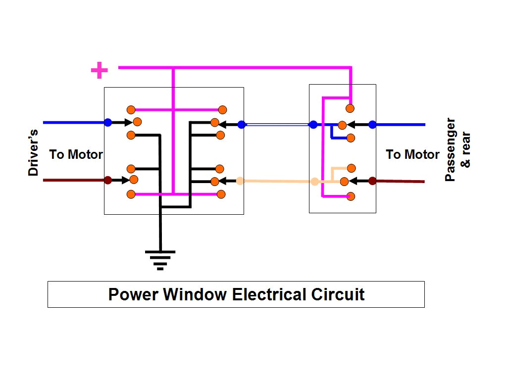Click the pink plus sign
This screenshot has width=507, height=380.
[100, 70]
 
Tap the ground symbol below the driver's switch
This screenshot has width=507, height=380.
[160, 259]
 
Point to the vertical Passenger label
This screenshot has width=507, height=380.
[450, 149]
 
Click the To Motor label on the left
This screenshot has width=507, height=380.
[76, 154]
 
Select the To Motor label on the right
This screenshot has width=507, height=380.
[412, 154]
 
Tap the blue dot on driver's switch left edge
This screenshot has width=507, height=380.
[108, 122]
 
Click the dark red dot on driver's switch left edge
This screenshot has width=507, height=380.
[108, 180]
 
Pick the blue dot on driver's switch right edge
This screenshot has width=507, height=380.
[242, 125]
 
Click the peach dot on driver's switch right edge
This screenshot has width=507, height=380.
[240, 181]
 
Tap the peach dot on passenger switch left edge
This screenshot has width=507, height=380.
[314, 182]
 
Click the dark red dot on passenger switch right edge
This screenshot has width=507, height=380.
[372, 181]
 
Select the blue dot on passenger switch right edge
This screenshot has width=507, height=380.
[372, 125]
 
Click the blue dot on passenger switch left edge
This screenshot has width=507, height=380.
[313, 125]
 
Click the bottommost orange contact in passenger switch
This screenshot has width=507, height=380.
[351, 196]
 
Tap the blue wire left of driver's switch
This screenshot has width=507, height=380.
[74, 122]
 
